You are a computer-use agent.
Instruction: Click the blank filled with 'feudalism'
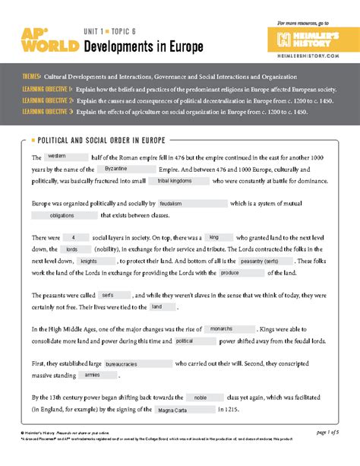pos(191,204)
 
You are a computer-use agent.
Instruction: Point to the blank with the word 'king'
pos(214,237)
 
